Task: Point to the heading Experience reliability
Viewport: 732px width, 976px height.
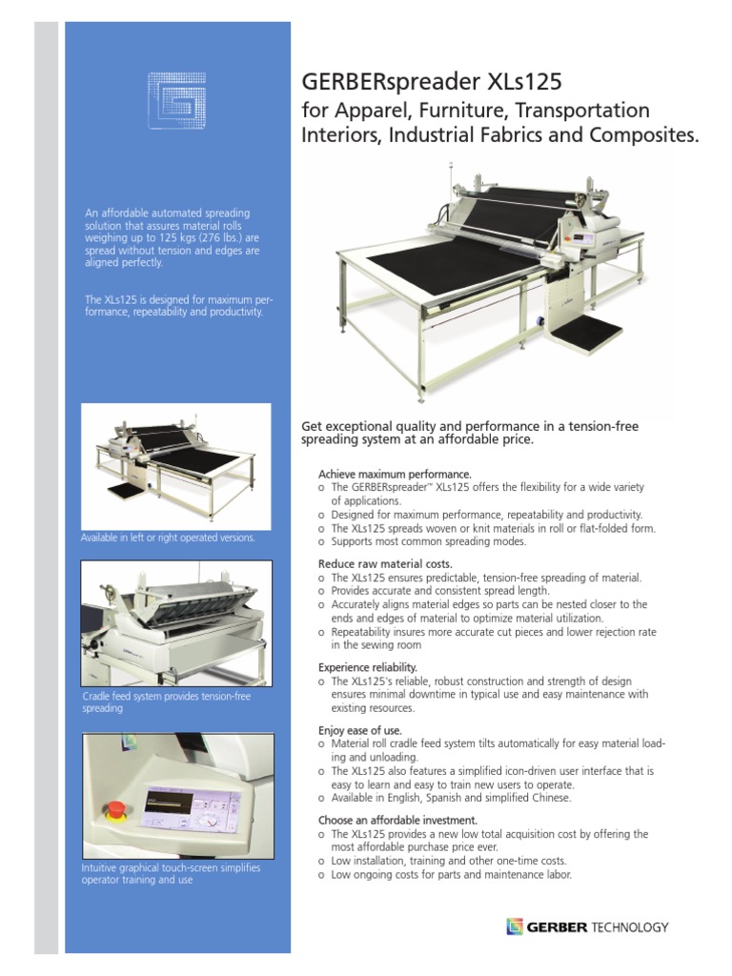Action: point(368,668)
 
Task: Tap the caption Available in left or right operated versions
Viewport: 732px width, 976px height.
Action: point(169,539)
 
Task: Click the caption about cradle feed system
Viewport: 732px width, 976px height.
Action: point(168,702)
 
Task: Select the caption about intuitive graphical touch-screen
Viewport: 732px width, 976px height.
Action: point(172,874)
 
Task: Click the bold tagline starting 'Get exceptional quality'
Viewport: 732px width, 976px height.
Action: point(469,434)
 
